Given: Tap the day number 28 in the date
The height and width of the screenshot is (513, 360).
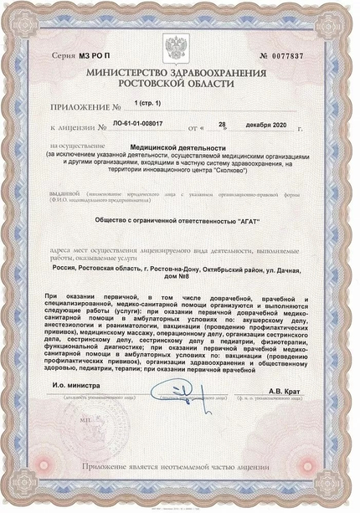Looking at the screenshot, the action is [x=222, y=124].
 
